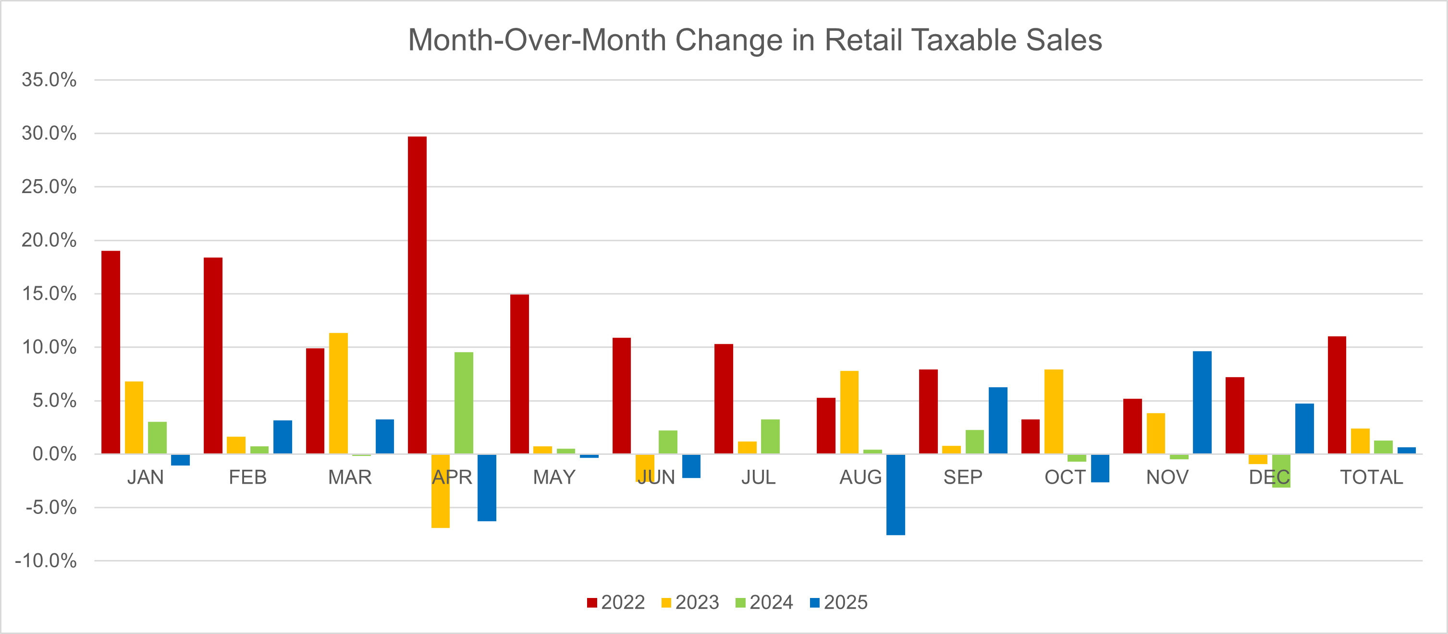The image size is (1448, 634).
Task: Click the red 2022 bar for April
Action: coord(417,295)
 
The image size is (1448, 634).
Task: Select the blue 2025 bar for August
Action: coord(896,495)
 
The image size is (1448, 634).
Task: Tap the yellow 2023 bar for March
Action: coord(338,393)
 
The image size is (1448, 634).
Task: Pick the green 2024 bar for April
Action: coord(464,403)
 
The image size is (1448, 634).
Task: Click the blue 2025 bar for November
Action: coord(1202,402)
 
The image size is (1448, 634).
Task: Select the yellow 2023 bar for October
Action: coord(1054,412)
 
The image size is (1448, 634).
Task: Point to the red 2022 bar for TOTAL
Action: coord(1337,395)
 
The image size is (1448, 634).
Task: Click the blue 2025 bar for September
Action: coord(998,420)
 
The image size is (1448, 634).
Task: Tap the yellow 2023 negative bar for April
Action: coord(440,491)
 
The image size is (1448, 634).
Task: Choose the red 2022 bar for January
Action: coord(110,353)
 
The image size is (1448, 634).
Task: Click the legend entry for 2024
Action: coord(764,602)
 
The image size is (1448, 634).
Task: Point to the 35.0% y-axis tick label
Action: coord(49,80)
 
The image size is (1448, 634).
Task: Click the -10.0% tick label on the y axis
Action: coord(46,561)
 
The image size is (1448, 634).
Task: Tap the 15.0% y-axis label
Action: coord(49,293)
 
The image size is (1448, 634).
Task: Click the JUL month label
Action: coord(758,477)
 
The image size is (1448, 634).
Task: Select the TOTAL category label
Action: coord(1371,477)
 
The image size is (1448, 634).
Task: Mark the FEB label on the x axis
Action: coord(247,477)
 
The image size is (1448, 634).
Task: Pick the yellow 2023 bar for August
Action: coord(849,412)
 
